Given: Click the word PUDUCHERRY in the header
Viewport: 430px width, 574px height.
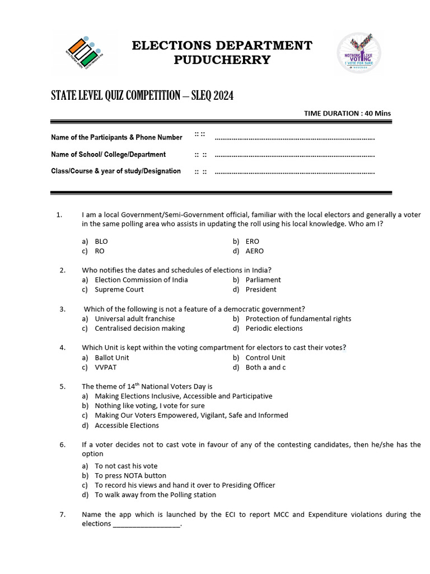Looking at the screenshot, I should [222, 60].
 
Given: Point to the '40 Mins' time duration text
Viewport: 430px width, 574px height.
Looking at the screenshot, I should [377, 113].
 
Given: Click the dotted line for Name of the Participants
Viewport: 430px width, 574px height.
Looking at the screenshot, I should [295, 137].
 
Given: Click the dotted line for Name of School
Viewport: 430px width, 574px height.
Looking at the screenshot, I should [295, 155].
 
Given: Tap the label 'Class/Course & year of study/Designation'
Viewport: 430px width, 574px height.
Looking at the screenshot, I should [116, 171].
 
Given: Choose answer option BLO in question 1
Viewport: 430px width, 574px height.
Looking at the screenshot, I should [101, 242].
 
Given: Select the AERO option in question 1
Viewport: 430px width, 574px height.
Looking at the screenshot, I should [254, 251].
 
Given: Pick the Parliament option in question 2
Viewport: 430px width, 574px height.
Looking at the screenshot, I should [263, 280].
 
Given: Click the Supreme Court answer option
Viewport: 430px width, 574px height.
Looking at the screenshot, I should [119, 289].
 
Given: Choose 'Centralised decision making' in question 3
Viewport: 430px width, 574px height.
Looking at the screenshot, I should [139, 328].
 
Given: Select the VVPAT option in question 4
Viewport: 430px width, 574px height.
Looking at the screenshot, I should [106, 367].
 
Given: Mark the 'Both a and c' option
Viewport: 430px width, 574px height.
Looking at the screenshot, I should [265, 367].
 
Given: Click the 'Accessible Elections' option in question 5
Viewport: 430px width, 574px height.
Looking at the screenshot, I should [127, 425].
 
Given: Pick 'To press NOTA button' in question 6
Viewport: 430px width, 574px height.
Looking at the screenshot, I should [130, 475].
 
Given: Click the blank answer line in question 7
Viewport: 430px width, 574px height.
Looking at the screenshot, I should [147, 525].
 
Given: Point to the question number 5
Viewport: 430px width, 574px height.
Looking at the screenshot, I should [63, 386].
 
